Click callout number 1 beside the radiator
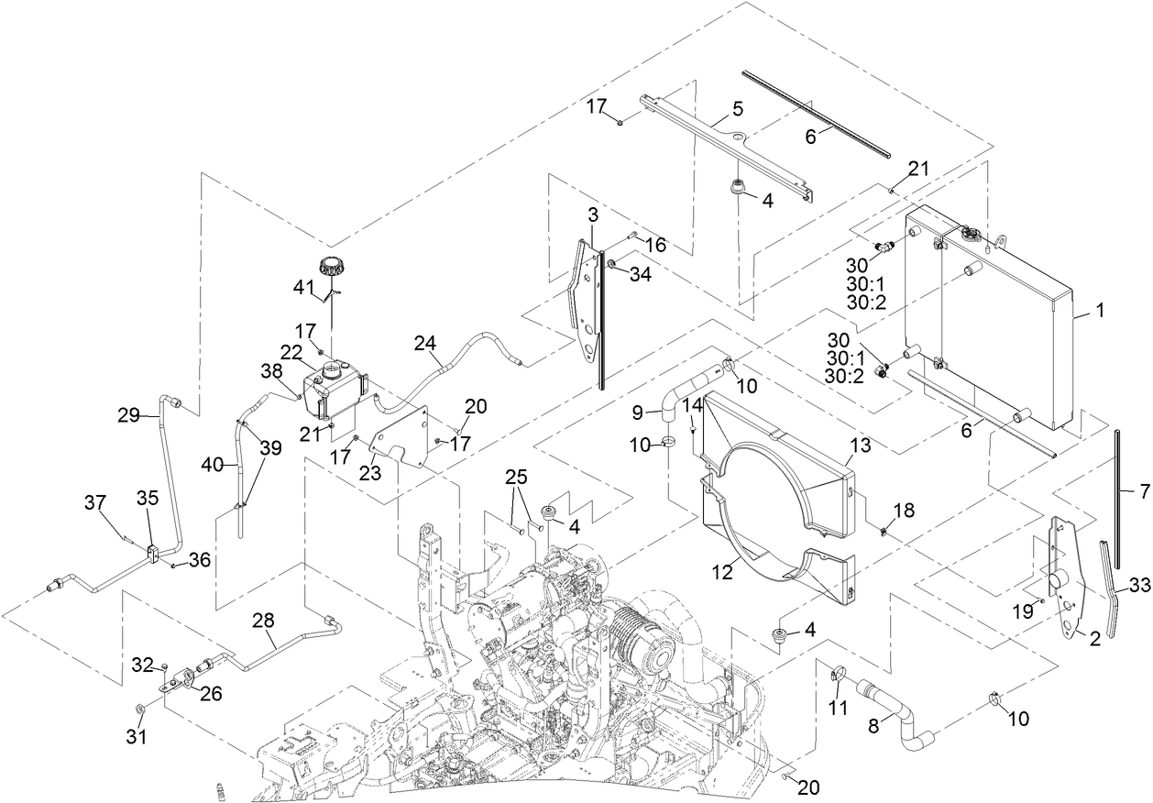coord(1099,312)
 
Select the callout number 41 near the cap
coord(304,288)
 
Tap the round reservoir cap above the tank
coord(330,270)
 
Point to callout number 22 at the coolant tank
coord(291,353)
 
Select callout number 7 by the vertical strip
coord(1143,492)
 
